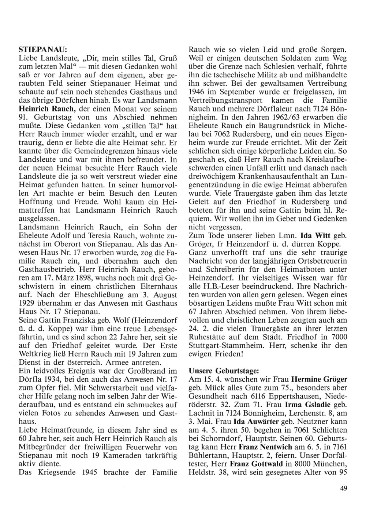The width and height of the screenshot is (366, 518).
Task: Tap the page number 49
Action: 343,488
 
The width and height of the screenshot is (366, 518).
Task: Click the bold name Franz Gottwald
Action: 253,464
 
